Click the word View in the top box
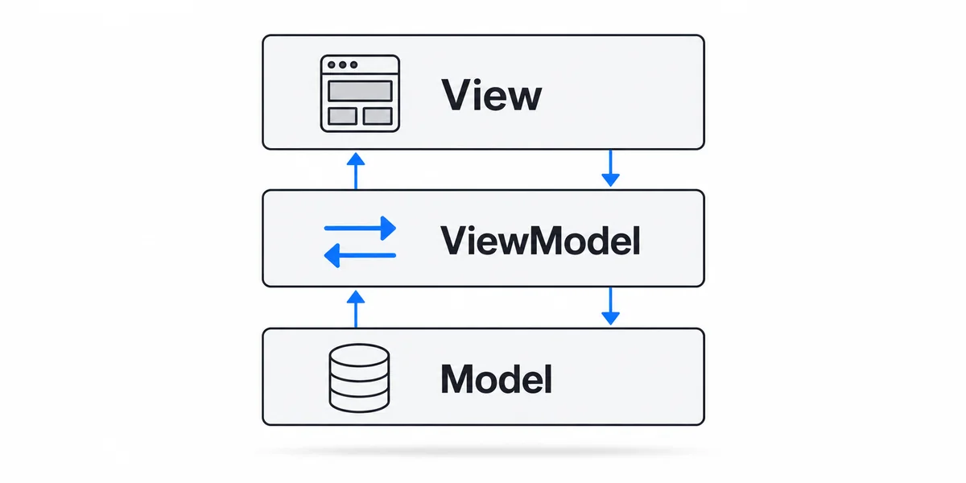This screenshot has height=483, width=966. click(491, 95)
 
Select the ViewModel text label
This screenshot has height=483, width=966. click(540, 240)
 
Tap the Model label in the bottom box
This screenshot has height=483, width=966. click(496, 378)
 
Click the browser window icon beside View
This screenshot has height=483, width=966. click(360, 93)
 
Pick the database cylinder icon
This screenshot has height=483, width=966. click(359, 378)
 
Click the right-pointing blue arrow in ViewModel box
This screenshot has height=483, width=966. click(360, 228)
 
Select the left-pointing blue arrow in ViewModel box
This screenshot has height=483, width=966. click(360, 255)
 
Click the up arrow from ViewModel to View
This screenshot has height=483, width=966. click(356, 171)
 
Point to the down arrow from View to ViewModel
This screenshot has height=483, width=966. click(611, 168)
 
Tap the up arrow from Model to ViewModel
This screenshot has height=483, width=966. click(356, 309)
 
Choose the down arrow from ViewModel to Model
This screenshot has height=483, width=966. click(611, 306)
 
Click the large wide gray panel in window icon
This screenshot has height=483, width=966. click(360, 91)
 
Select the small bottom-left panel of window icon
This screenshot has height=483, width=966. click(342, 116)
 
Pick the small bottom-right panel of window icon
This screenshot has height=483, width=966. click(378, 116)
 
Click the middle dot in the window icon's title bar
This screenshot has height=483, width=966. click(342, 64)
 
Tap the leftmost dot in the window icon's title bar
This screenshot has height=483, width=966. click(331, 64)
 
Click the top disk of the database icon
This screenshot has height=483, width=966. click(359, 355)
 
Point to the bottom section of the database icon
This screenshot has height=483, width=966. click(359, 402)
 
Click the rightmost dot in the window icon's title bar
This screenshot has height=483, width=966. click(353, 64)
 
